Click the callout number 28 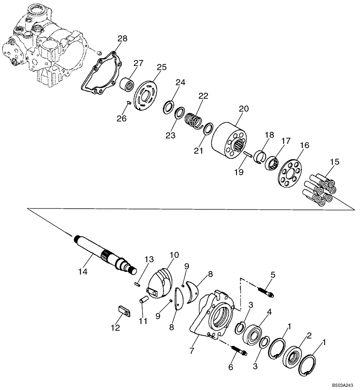point(122,38)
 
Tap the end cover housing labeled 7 point(212,316)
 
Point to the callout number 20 point(243,109)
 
